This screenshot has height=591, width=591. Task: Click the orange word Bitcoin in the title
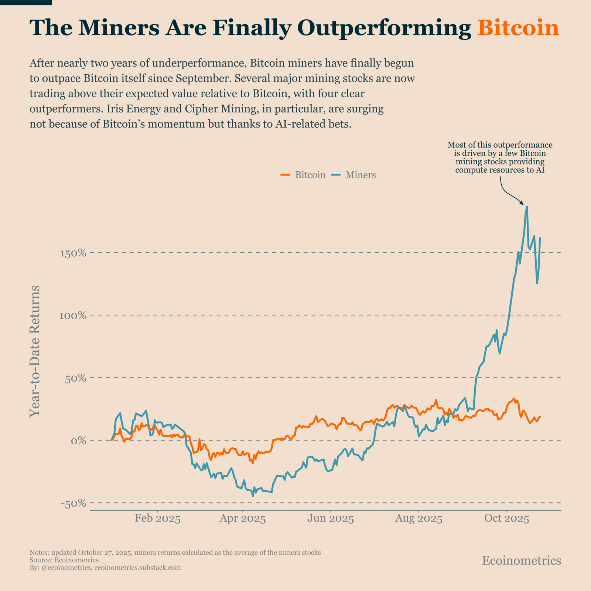click(x=518, y=28)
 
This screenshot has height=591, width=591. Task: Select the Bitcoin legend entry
click(x=303, y=175)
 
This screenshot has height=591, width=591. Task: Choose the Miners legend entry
click(x=353, y=175)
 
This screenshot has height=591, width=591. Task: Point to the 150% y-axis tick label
click(x=73, y=253)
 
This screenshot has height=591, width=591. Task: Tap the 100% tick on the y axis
click(x=73, y=315)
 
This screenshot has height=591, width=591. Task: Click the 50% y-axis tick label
click(x=75, y=378)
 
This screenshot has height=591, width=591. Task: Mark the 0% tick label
click(x=78, y=441)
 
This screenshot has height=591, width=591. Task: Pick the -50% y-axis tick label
click(x=73, y=503)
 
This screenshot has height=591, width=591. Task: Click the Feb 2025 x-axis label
click(x=158, y=518)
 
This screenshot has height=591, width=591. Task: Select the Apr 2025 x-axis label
click(x=243, y=518)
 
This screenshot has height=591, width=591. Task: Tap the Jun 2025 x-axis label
click(x=331, y=518)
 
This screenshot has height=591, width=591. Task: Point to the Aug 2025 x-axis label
click(x=419, y=519)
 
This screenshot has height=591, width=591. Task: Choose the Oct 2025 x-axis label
click(x=507, y=518)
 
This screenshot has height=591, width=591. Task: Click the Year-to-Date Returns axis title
click(x=35, y=351)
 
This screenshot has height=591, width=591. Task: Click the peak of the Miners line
click(x=527, y=207)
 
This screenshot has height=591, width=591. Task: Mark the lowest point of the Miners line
click(x=253, y=496)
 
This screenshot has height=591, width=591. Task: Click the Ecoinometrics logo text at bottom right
click(x=522, y=560)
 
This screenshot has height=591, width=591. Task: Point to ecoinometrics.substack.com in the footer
click(x=137, y=567)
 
